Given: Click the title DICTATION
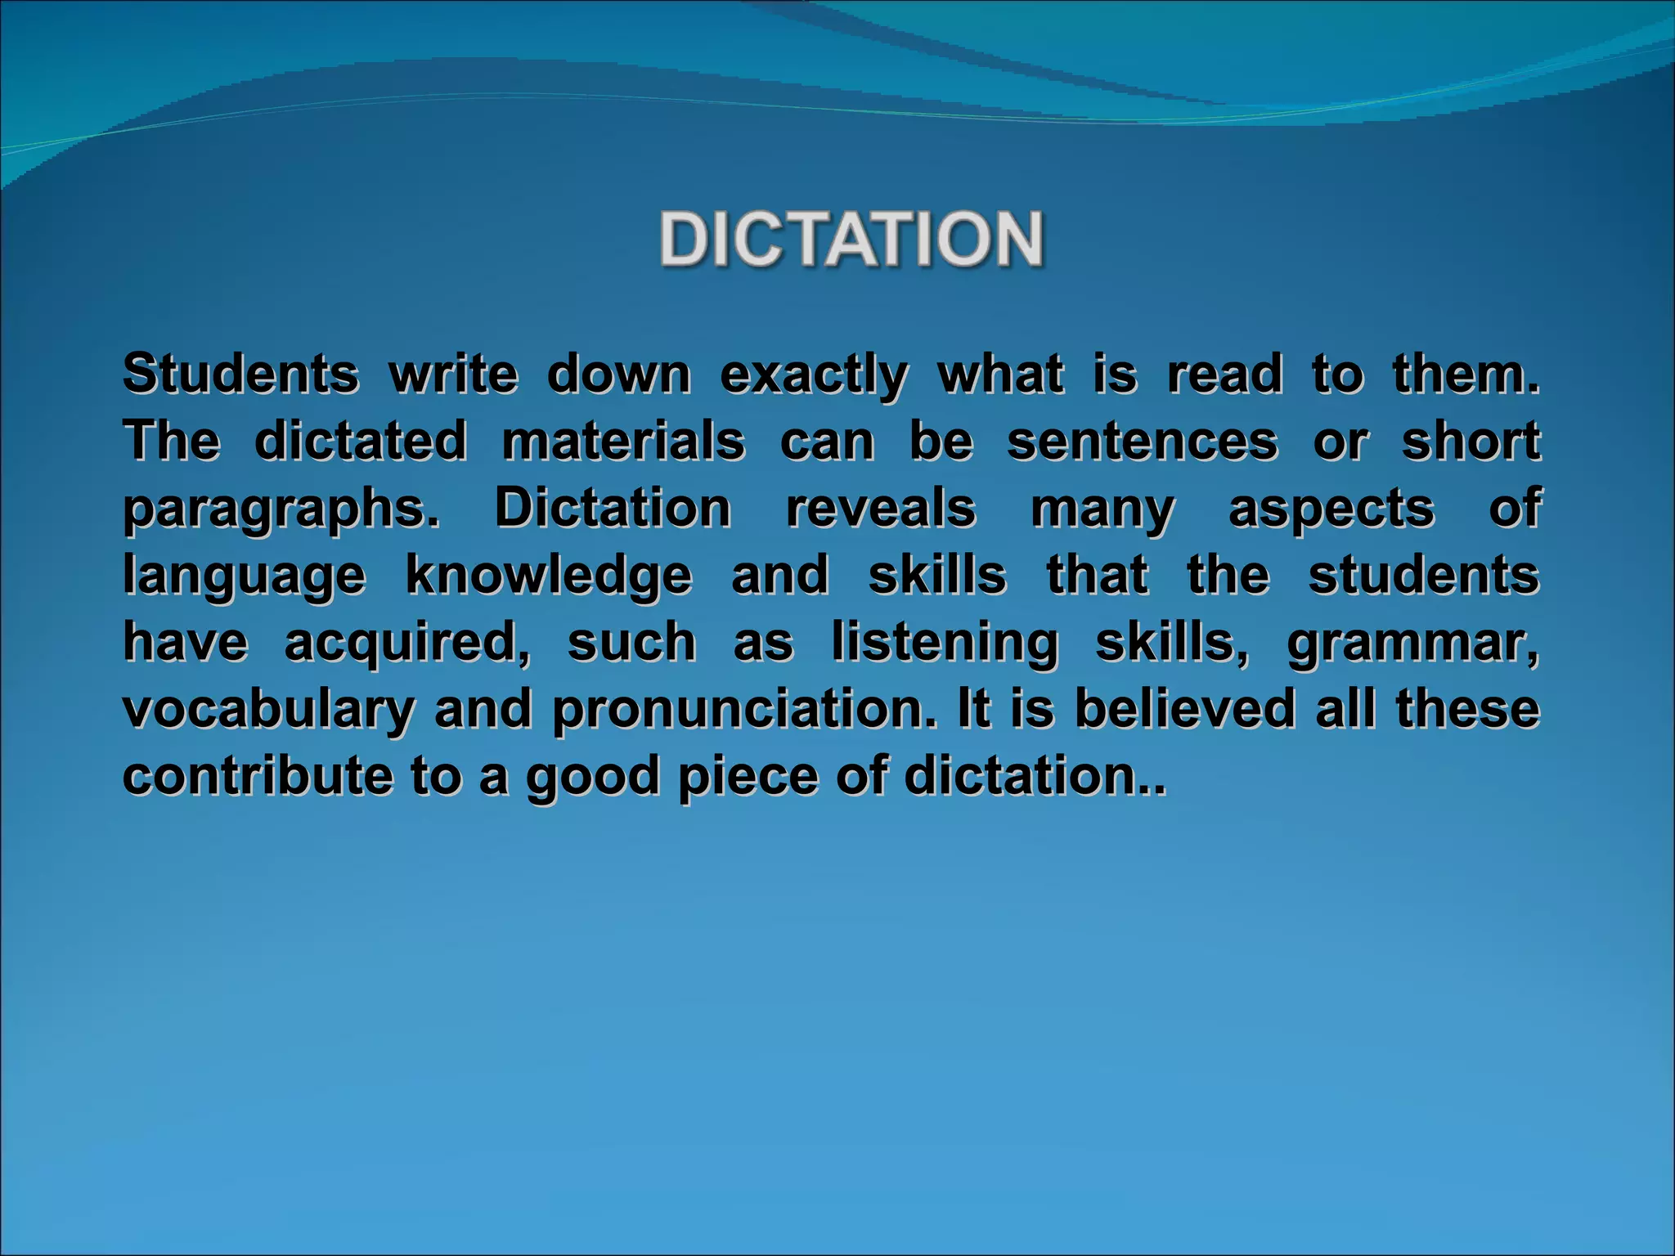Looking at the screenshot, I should click(x=851, y=239).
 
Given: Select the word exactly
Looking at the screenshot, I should click(x=813, y=376).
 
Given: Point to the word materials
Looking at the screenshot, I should click(x=623, y=442).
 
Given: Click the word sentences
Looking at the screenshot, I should click(x=1142, y=442).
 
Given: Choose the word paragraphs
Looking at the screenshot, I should click(x=281, y=510).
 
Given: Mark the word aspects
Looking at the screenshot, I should click(x=1331, y=510).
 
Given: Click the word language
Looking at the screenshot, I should click(x=245, y=576).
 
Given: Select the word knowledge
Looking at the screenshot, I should click(x=549, y=576).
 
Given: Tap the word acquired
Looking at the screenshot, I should click(x=406, y=644).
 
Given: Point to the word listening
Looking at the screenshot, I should click(x=945, y=644).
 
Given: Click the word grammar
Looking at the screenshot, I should click(x=1413, y=644).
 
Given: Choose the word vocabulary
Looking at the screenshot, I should click(x=269, y=710).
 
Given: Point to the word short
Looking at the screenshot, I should click(x=1471, y=442).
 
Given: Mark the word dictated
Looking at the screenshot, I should click(x=361, y=442).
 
